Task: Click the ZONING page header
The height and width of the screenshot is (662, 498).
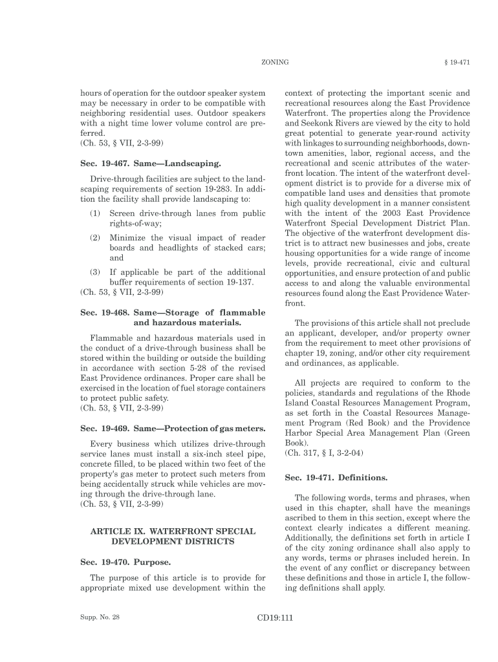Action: [274, 62]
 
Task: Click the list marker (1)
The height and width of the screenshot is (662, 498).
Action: [95, 213]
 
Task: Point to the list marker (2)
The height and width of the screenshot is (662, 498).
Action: [95, 237]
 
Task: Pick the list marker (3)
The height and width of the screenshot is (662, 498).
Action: [95, 272]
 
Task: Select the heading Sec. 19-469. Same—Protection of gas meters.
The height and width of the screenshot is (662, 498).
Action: [173, 429]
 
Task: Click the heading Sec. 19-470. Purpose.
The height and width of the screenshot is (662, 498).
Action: [120, 562]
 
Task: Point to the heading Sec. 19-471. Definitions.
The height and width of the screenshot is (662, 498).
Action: [336, 478]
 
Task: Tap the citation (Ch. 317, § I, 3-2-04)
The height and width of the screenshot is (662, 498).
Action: [322, 453]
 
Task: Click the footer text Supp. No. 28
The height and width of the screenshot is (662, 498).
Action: [100, 617]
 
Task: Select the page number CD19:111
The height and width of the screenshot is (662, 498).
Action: [275, 617]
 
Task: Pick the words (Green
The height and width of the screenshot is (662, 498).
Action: [452, 433]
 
